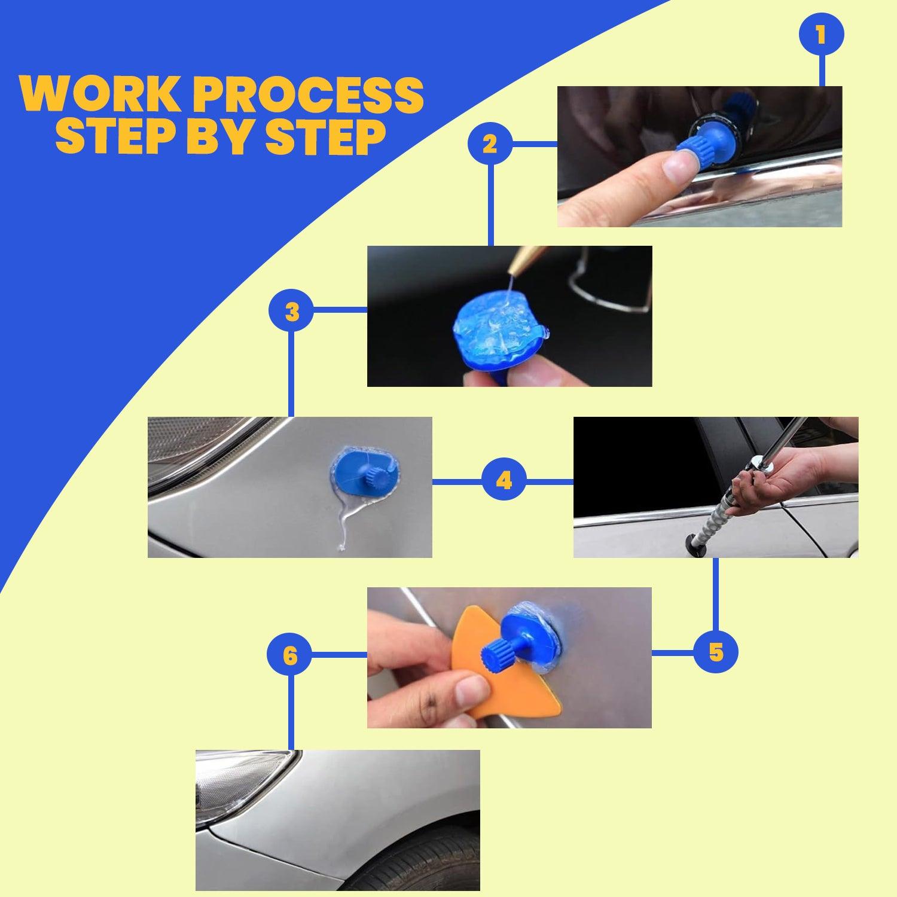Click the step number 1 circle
pos(822,35)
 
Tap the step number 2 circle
pos(490,144)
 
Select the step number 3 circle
pos(291,311)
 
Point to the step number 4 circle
pos(504,480)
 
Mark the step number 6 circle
pos(289,655)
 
